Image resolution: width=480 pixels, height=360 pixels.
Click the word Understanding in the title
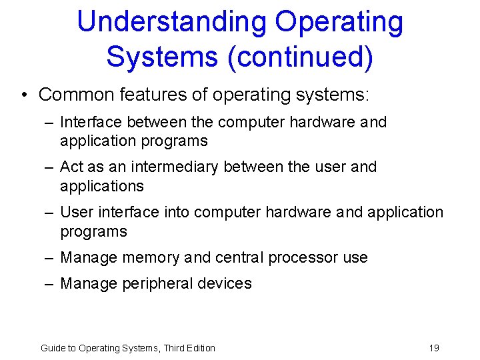click(x=172, y=22)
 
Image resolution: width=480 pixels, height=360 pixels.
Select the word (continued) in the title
click(x=300, y=57)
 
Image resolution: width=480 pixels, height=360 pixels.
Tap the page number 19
click(x=434, y=347)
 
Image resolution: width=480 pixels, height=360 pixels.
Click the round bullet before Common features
click(x=24, y=95)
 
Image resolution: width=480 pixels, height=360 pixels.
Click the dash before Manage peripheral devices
click(x=49, y=283)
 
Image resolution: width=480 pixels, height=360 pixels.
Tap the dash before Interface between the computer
click(x=49, y=122)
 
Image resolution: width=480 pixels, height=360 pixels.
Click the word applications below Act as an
click(x=101, y=185)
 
